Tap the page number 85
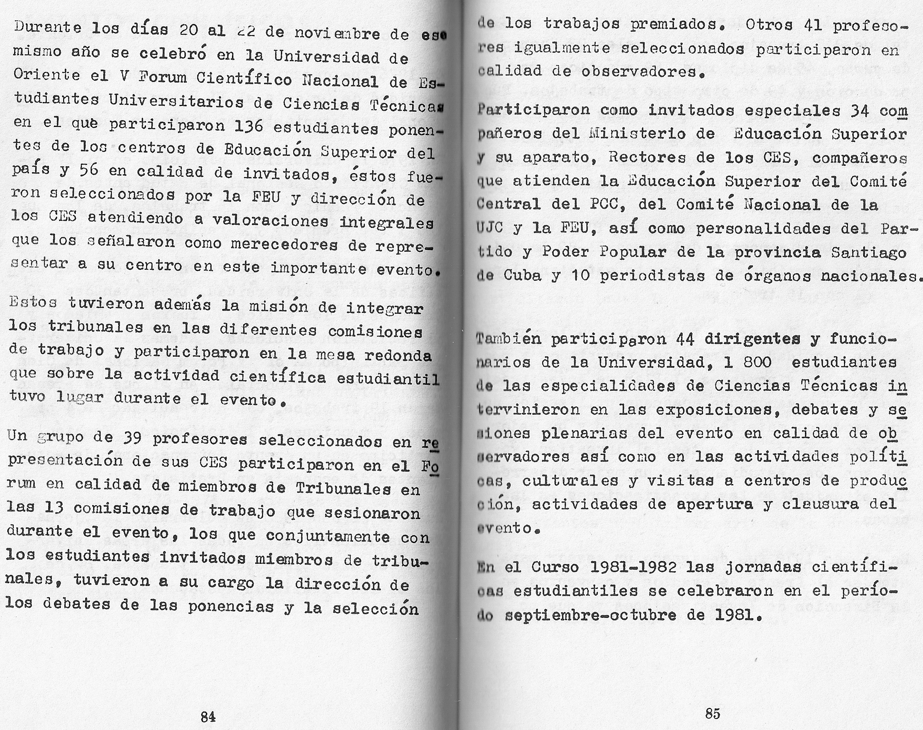coord(713,713)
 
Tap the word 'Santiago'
coord(869,252)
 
